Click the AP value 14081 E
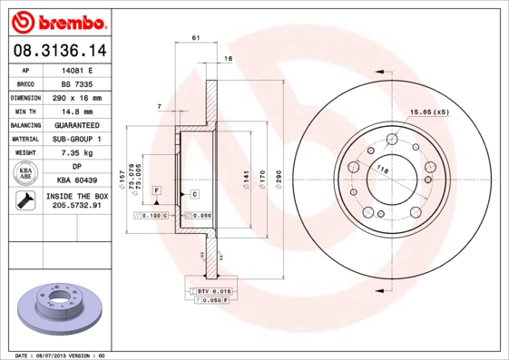77,69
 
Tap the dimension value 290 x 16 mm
77,97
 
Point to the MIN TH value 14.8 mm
77,111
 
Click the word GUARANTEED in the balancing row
77,124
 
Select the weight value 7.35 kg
77,152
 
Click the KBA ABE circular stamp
25,174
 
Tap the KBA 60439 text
77,180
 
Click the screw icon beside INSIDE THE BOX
25,201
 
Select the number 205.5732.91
77,207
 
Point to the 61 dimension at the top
196,38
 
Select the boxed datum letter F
157,190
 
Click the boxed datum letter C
194,194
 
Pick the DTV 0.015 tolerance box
210,290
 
